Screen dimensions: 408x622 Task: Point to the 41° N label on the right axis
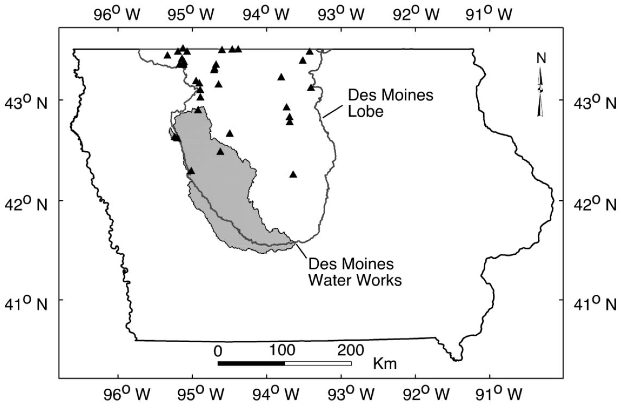(x=595, y=304)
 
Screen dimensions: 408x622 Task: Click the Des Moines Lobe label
(x=390, y=103)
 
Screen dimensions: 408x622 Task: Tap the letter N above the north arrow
(x=541, y=59)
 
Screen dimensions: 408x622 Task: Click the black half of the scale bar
(x=251, y=363)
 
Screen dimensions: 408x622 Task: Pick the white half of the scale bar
(x=318, y=363)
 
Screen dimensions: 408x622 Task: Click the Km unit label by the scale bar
(x=385, y=364)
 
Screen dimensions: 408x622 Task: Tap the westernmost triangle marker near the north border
(x=168, y=55)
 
